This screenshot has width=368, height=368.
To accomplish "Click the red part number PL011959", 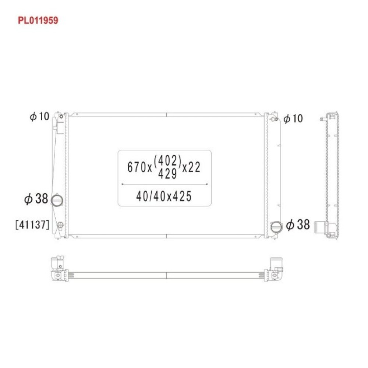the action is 38,20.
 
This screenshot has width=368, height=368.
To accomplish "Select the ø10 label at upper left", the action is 39,116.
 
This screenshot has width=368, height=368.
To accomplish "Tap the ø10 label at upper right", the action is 293,118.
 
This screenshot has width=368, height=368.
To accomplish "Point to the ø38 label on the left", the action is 36,199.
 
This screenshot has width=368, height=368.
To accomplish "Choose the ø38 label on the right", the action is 298,224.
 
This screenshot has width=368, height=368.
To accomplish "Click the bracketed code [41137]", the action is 32,225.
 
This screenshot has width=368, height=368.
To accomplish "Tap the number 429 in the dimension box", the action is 167,174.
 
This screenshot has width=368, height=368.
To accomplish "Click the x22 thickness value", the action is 191,167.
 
